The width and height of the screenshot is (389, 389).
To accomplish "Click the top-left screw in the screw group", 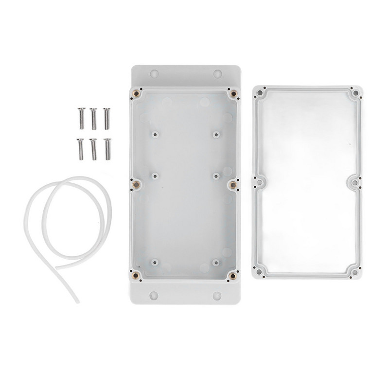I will (x=79, y=117).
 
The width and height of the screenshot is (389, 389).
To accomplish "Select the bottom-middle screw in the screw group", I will (x=93, y=148).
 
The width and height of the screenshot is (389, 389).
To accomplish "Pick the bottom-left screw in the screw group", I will (x=79, y=148).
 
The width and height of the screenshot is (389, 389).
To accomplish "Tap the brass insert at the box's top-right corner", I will (x=233, y=93).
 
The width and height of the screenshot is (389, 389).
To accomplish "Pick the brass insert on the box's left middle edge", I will (x=137, y=184).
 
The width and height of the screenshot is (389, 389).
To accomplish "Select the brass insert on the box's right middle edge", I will (x=232, y=184).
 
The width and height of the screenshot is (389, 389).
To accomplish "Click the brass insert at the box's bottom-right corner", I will (x=232, y=276).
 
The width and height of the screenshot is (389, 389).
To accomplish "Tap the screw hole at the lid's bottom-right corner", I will (x=354, y=274).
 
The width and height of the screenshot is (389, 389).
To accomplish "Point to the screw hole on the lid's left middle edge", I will (x=260, y=183).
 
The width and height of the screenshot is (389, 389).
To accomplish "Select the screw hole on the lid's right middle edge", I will (x=354, y=183).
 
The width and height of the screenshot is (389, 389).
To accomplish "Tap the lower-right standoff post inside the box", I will (x=215, y=262).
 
